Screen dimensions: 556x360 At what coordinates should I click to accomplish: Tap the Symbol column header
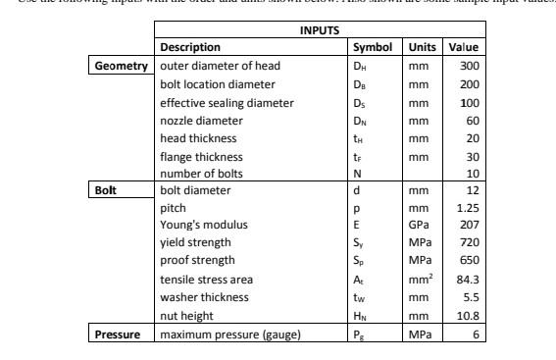click(373, 46)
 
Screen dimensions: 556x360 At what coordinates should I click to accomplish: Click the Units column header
click(422, 46)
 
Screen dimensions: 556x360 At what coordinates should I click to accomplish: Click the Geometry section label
click(123, 65)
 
